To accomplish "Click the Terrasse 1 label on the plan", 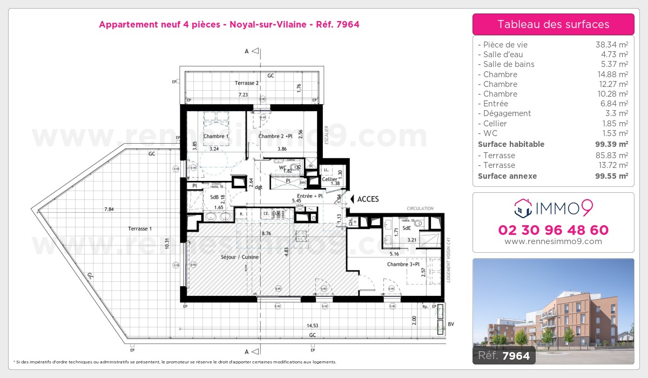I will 139,229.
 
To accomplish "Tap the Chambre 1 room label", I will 216,136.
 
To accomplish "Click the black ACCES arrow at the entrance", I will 352,199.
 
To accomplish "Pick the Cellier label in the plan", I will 329,179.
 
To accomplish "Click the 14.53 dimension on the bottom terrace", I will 313,326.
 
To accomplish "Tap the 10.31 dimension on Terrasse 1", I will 167,244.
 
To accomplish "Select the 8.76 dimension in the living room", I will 266,234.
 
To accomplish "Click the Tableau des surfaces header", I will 553,24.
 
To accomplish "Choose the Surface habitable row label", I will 511,144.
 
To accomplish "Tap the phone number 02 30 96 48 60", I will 553,230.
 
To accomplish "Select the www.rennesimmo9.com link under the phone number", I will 553,241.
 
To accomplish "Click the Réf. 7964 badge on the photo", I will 504,356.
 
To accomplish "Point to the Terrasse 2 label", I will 247,83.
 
